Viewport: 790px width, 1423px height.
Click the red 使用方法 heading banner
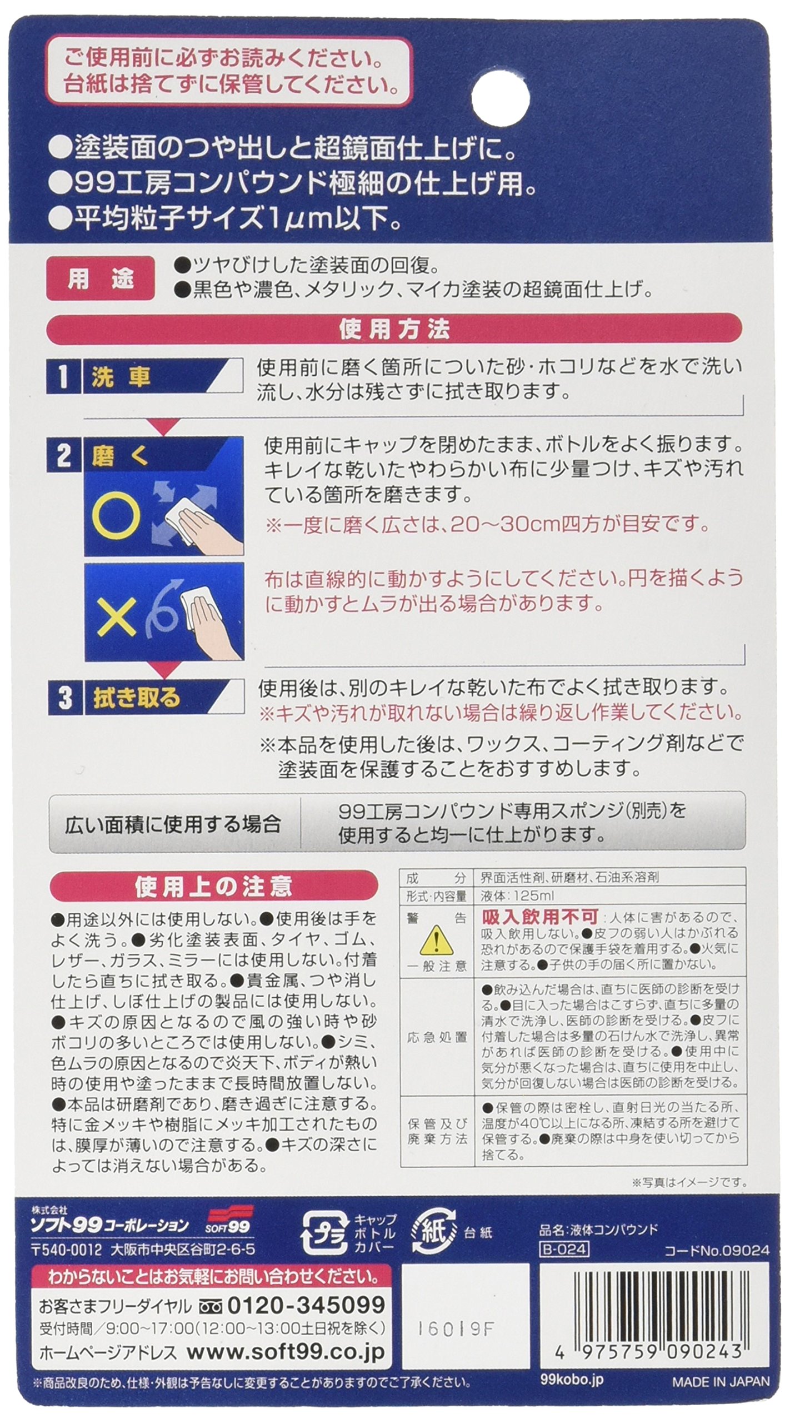394,330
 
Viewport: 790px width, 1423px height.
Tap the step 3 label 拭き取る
137,698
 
